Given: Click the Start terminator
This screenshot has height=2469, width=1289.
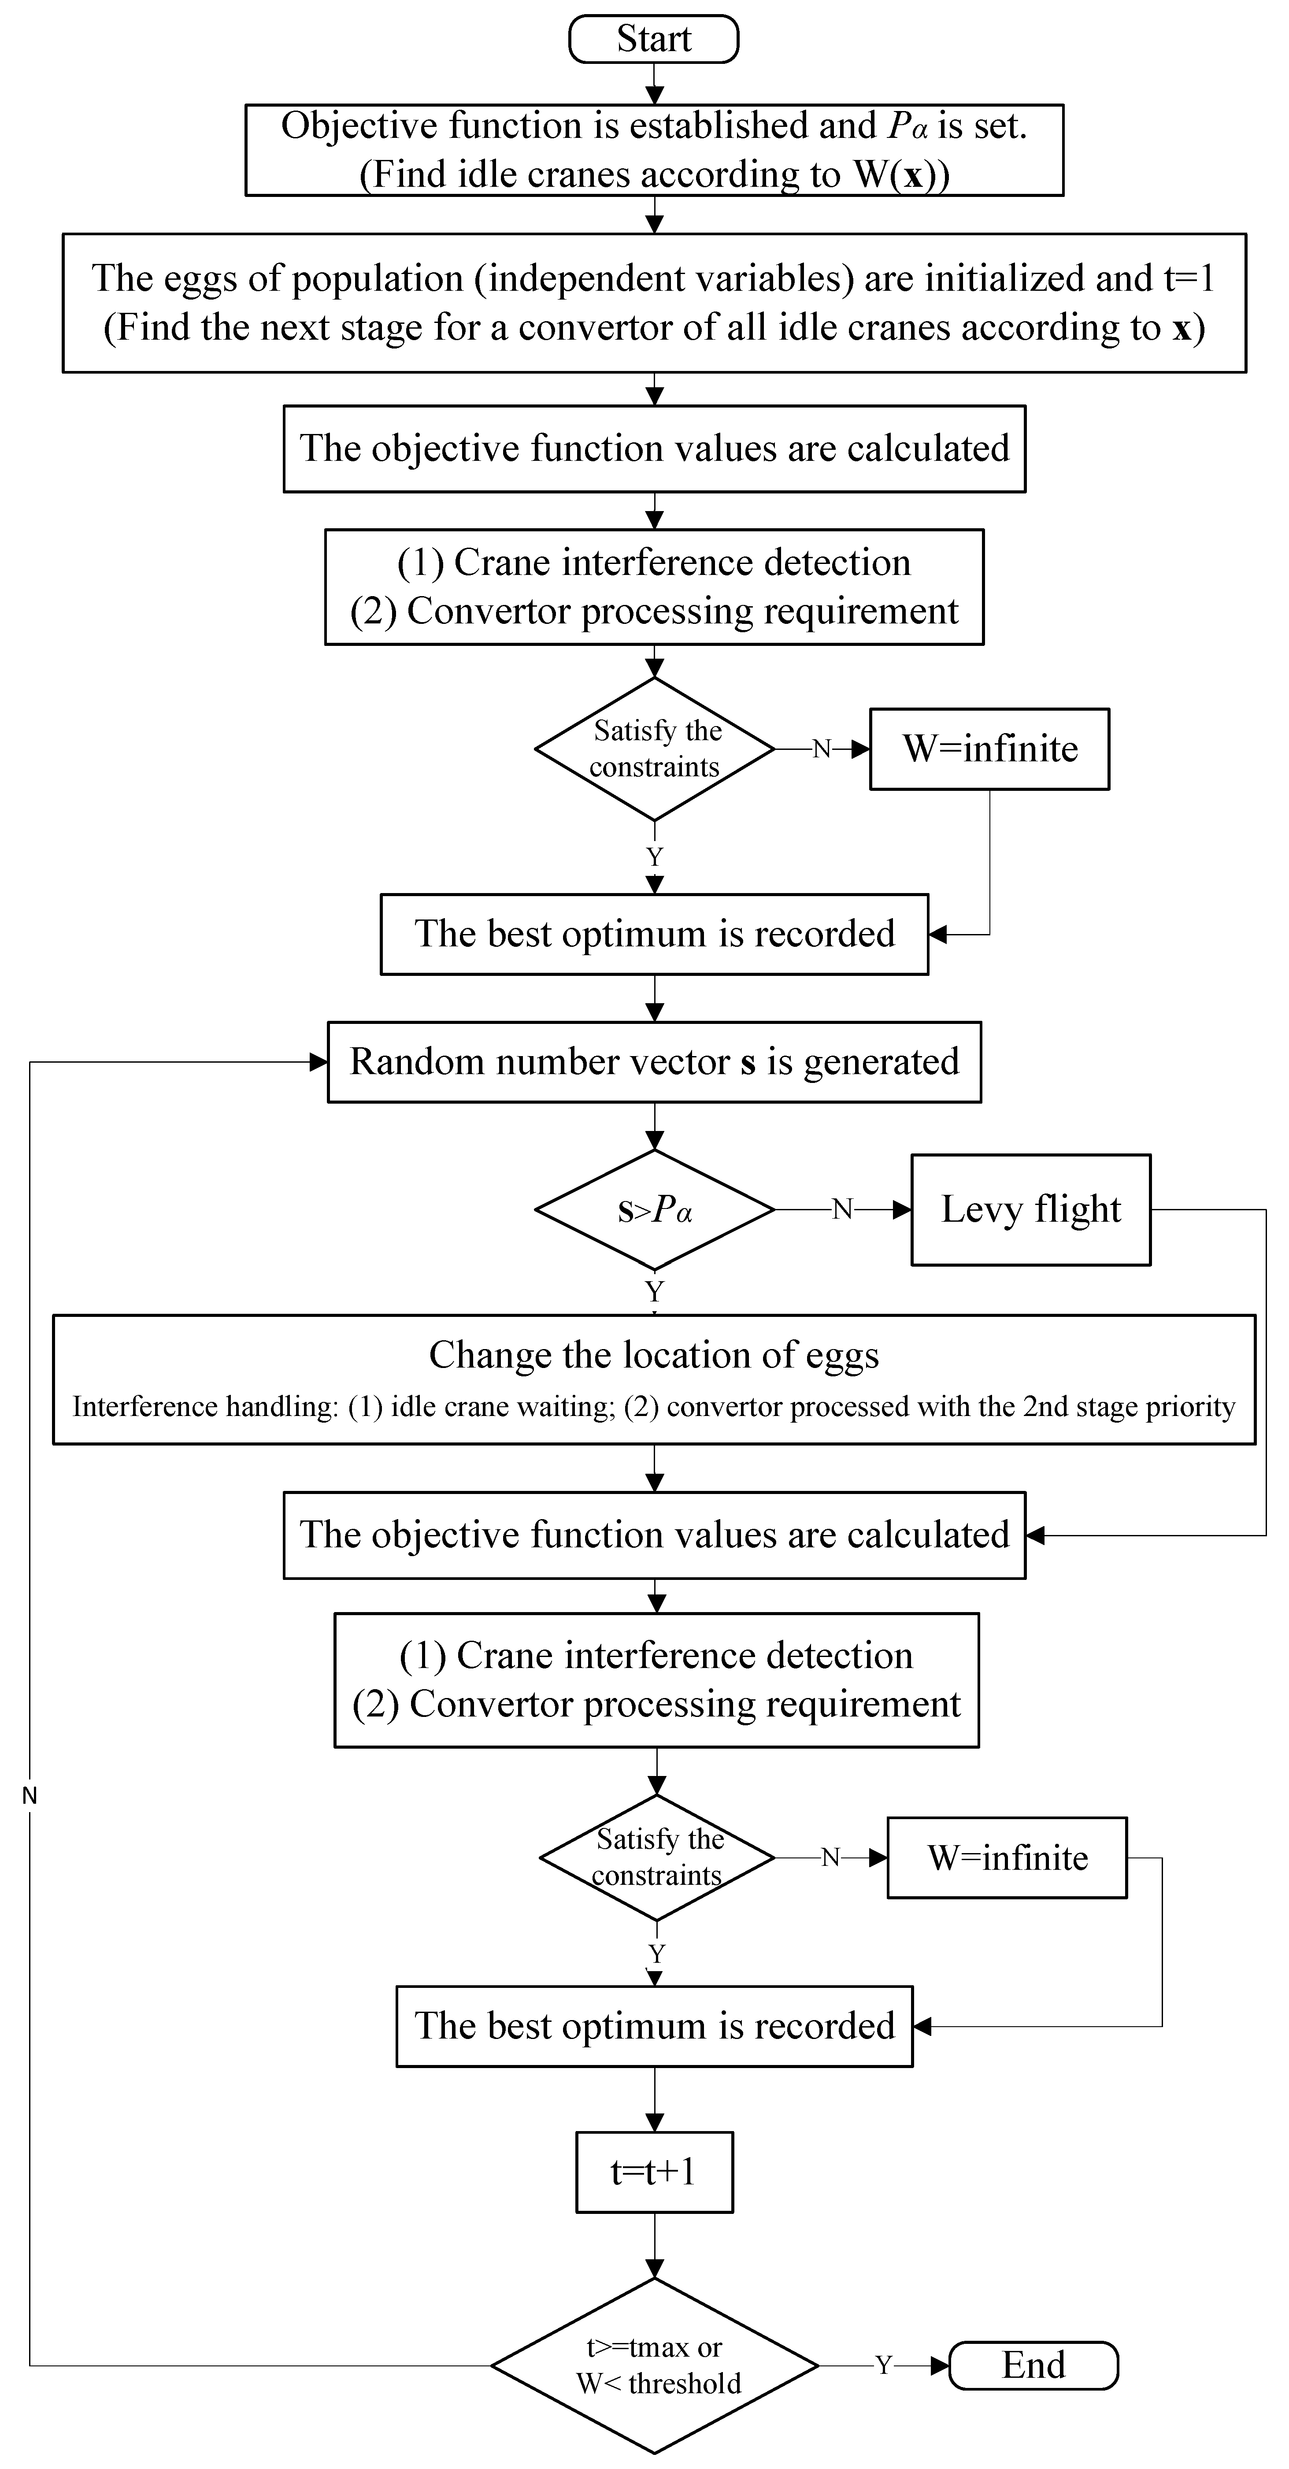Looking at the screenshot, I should point(654,39).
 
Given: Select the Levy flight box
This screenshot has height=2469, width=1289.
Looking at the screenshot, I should point(1030,1209).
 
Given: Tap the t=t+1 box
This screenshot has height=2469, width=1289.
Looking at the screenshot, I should point(654,2172).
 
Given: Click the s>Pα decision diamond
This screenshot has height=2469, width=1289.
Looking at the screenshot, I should point(654,1209).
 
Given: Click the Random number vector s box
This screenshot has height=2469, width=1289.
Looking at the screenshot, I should point(654,1062).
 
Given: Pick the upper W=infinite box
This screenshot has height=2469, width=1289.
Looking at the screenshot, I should point(989,749).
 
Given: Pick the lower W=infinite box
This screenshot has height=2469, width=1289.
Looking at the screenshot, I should point(1006,1857).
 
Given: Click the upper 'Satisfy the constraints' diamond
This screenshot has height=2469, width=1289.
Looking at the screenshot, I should point(654,749).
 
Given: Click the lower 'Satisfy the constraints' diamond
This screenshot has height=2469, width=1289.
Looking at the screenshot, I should point(656,1857).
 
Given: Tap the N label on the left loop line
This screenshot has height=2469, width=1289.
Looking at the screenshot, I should point(30,1795).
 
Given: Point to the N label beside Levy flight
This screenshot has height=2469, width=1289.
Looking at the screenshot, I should point(841,1209).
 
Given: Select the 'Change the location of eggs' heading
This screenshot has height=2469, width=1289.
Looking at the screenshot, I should point(654,1354).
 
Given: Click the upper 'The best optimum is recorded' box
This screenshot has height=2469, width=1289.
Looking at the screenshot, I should point(654,934).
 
